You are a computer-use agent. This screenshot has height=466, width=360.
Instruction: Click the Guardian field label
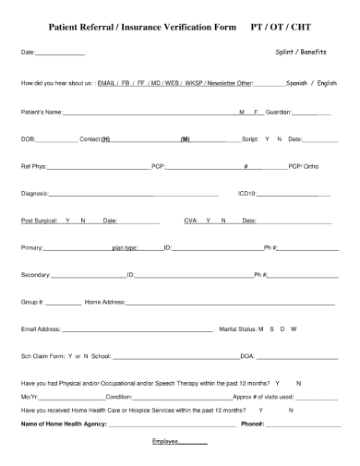click(288, 112)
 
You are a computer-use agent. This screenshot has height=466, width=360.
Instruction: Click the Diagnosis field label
click(35, 194)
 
